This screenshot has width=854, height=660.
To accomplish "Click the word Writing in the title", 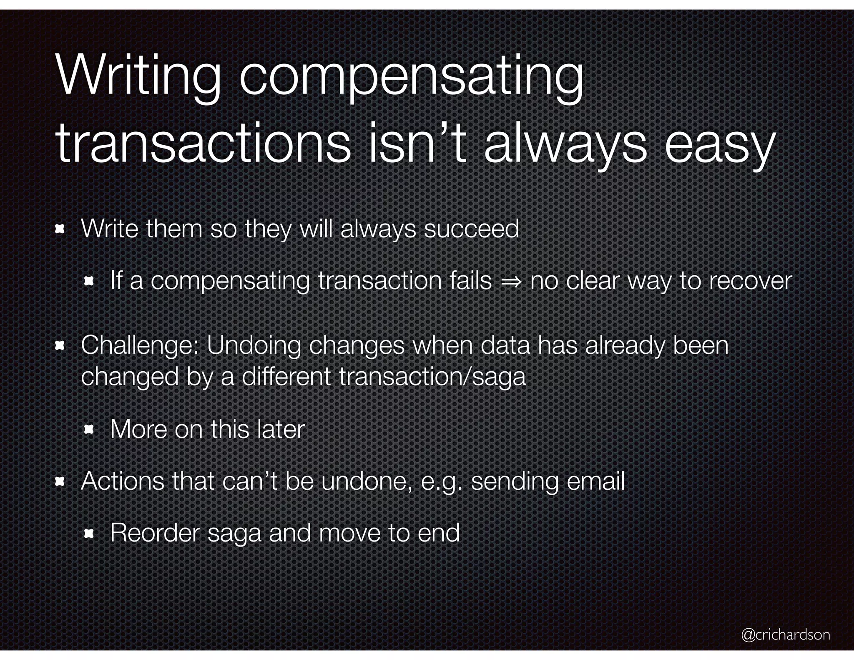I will (x=138, y=77).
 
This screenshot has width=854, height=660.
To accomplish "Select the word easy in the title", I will (x=719, y=144).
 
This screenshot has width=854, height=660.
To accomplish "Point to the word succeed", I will (x=471, y=229).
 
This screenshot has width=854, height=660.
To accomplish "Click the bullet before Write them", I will (x=60, y=229).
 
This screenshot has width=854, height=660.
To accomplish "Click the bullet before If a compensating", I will (x=88, y=281).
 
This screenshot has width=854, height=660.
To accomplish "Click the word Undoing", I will (x=254, y=346).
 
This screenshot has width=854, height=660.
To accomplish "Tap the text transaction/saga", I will (x=432, y=377).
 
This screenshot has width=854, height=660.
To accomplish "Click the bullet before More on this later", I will (x=88, y=429).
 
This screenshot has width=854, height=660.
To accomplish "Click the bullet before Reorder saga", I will (x=88, y=533).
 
